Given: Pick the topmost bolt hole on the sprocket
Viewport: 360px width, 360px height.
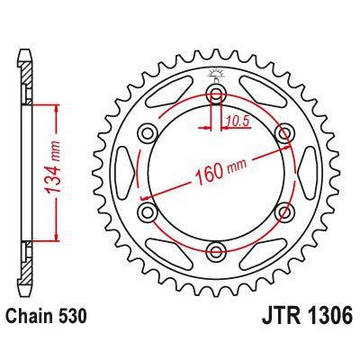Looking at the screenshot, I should (216, 94).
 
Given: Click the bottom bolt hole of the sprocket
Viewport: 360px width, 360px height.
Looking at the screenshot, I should (216, 249).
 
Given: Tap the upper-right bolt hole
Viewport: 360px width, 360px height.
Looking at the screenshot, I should (283, 133).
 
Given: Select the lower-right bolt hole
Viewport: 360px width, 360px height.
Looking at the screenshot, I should (283, 211).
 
